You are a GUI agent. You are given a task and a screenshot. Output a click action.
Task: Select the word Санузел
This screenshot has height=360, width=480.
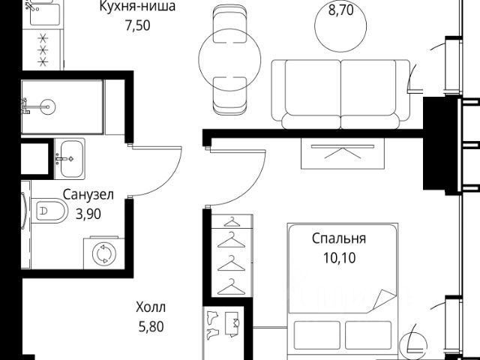pos(88,196)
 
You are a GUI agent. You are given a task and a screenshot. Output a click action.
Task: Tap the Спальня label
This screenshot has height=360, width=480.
pos(339,240)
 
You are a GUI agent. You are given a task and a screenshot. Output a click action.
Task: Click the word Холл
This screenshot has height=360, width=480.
pos(151,307)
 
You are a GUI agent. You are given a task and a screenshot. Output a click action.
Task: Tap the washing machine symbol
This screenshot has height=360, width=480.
pos(100,254)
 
